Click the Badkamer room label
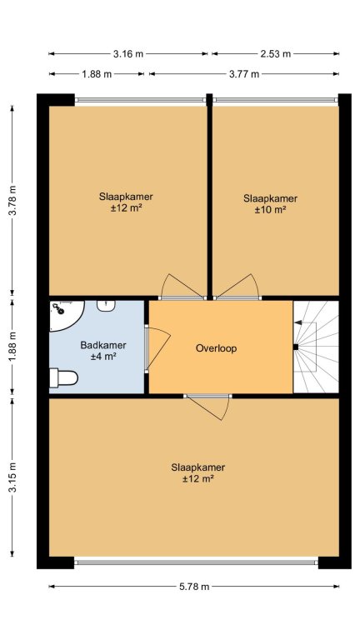tap(103, 345)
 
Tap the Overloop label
tap(217, 348)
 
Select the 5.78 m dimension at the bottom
tap(194, 587)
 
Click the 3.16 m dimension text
tap(128, 54)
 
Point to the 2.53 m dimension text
tap(276, 54)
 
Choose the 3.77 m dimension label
tap(244, 74)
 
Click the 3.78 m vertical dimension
tap(12, 200)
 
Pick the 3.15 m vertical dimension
tap(12, 477)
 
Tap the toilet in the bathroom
tap(63, 378)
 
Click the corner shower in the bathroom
tap(65, 315)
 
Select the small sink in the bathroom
tap(106, 306)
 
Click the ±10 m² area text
tap(270, 210)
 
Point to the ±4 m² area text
tap(103, 357)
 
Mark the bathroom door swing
tap(158, 347)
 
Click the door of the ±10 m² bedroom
tap(237, 287)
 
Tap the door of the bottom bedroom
tap(207, 407)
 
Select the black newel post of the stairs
tap(296, 347)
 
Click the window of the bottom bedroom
tap(196, 562)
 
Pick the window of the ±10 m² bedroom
tap(276, 100)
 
